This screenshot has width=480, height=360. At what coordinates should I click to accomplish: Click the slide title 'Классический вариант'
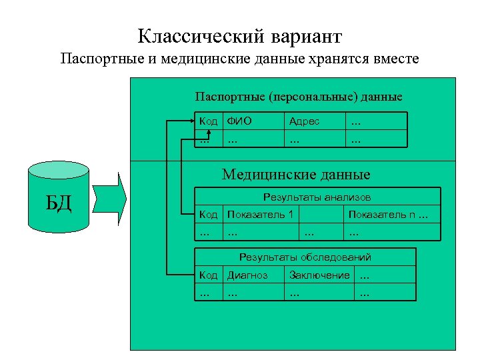[240, 35]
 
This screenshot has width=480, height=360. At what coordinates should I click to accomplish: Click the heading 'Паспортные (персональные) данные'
[298, 97]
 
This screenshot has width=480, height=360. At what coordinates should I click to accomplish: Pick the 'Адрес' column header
[304, 121]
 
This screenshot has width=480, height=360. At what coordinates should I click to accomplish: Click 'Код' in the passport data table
[209, 121]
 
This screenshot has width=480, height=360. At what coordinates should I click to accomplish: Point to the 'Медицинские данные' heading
[296, 175]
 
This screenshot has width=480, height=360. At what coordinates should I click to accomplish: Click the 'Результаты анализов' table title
[317, 197]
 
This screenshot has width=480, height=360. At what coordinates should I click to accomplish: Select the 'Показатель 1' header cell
[260, 214]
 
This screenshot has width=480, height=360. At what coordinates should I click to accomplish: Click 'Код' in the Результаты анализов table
[209, 214]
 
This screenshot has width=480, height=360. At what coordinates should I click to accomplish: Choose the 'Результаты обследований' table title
[305, 257]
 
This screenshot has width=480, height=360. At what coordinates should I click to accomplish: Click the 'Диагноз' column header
[247, 275]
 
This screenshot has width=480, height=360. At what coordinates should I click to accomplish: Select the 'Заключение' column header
[319, 275]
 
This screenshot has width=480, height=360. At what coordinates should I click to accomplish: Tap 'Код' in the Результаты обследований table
[209, 275]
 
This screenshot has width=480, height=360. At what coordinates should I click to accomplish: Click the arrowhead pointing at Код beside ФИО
[194, 121]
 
